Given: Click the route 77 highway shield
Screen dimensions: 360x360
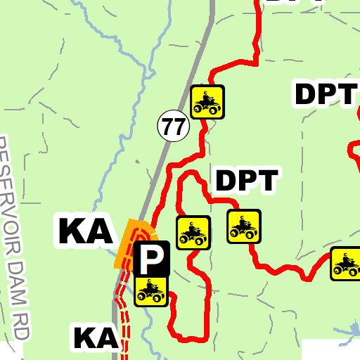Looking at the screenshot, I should point(172,127).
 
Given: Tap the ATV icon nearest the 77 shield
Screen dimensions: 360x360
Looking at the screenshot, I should point(207,102).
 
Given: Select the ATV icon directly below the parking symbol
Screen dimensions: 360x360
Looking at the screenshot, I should point(151,290).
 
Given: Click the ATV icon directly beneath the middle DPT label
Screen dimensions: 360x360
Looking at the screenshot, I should point(244,226).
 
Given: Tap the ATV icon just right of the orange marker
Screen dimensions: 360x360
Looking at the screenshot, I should point(193,233).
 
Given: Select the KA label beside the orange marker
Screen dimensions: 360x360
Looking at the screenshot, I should point(85,231).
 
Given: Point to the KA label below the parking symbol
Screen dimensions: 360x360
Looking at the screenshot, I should point(95,338).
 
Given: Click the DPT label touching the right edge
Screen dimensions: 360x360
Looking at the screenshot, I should point(326,94).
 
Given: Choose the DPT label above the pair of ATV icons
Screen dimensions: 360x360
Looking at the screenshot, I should point(247,181).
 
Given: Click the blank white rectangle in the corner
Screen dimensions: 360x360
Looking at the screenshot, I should point(331,349).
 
